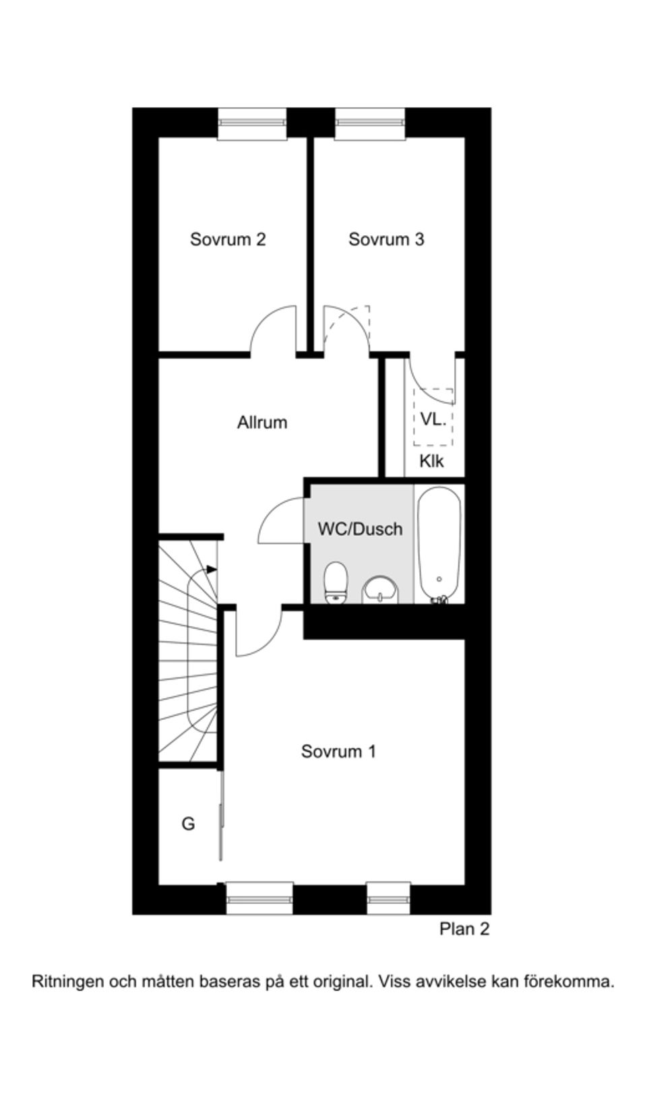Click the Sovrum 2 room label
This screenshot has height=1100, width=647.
pyautogui.click(x=228, y=239)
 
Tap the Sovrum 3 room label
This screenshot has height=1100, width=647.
pyautogui.click(x=386, y=239)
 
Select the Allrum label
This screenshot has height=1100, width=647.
pyautogui.click(x=262, y=423)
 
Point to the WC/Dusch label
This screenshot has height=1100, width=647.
pyautogui.click(x=361, y=529)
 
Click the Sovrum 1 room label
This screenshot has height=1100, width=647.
pyautogui.click(x=339, y=752)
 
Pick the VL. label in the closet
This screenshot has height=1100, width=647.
pyautogui.click(x=433, y=419)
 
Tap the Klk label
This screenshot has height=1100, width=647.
pyautogui.click(x=432, y=461)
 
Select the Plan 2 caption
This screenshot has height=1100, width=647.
pyautogui.click(x=464, y=929)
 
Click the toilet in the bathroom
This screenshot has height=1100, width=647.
pyautogui.click(x=336, y=582)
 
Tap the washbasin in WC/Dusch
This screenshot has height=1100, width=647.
pyautogui.click(x=380, y=589)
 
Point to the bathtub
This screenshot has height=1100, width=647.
pyautogui.click(x=439, y=545)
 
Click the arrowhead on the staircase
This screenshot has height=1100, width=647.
pyautogui.click(x=212, y=570)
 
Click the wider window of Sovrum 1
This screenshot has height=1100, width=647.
pyautogui.click(x=259, y=898)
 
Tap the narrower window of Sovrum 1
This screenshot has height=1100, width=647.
pyautogui.click(x=388, y=898)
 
